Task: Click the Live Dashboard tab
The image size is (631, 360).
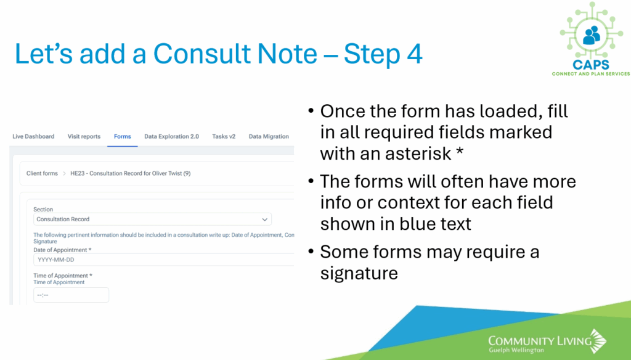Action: (x=33, y=136)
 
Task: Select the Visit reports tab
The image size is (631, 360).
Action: (x=84, y=136)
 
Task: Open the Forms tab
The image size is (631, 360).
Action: (x=123, y=136)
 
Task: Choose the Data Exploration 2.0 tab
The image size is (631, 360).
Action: (x=171, y=136)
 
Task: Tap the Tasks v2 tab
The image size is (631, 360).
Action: (x=224, y=136)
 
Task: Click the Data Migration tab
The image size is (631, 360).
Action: (x=269, y=136)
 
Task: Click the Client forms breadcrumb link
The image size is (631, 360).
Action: (x=43, y=174)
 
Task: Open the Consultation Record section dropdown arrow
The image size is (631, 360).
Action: (x=265, y=219)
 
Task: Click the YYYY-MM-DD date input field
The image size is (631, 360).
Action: (x=163, y=260)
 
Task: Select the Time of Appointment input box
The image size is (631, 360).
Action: (x=71, y=295)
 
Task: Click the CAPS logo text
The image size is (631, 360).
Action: (x=591, y=65)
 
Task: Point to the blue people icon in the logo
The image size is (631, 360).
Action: (x=592, y=35)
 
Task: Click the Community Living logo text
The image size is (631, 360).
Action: (x=540, y=341)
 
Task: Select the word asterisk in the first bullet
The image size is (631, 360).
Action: (x=418, y=154)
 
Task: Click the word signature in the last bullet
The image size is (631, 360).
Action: (x=359, y=274)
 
